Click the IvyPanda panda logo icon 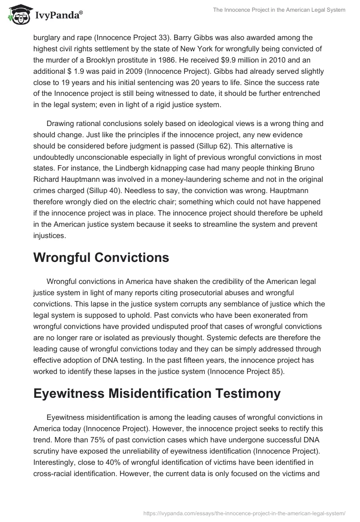point(18,15)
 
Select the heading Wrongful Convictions point(101,257)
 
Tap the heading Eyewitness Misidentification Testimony point(157,392)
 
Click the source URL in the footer point(243,513)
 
